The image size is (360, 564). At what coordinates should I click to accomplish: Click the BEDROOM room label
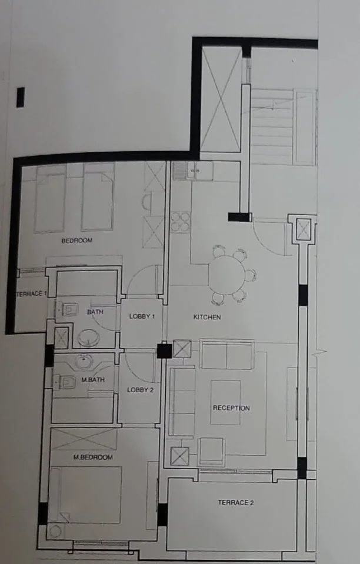tap(77, 241)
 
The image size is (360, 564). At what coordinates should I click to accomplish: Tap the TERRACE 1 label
tap(31, 294)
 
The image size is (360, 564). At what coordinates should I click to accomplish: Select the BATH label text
tap(95, 312)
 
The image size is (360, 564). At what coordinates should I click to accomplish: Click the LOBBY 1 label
tap(142, 316)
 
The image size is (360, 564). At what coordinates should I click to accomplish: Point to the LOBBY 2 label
tap(140, 390)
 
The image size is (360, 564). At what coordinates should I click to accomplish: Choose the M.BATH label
tap(93, 379)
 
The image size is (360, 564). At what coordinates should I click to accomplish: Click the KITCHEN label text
tap(207, 317)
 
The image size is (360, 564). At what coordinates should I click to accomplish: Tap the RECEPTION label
tap(231, 408)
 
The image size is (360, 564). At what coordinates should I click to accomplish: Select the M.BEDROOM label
tap(93, 457)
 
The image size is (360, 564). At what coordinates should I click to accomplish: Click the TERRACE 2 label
tap(235, 502)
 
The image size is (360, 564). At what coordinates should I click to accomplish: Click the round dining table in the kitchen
tap(226, 275)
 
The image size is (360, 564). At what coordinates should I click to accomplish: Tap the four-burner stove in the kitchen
tap(180, 222)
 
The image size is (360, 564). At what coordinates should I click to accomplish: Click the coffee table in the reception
tap(225, 402)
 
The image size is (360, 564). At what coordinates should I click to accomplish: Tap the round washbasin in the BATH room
tap(87, 339)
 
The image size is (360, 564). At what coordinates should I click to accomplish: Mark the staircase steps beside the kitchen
tap(272, 126)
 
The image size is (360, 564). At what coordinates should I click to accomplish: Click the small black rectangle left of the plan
tap(21, 97)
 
